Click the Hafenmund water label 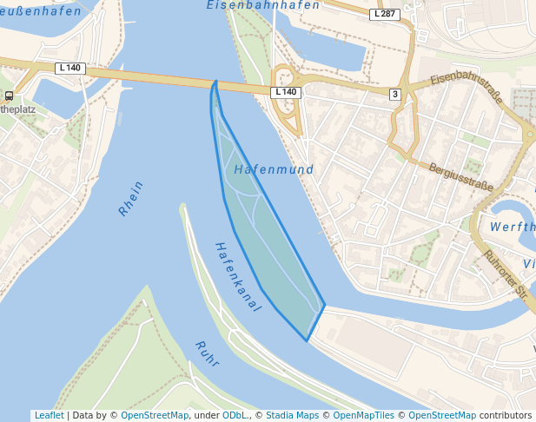pos(274,170)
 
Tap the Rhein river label pos(130,198)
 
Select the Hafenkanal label pos(237,276)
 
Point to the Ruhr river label pos(207,353)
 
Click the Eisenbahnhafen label pos(263,5)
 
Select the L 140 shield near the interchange pos(286,92)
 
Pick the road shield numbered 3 pos(394,94)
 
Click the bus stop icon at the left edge pos(9,96)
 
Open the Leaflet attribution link pos(49,416)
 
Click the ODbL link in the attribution pos(235,416)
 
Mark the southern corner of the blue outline pos(307,340)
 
